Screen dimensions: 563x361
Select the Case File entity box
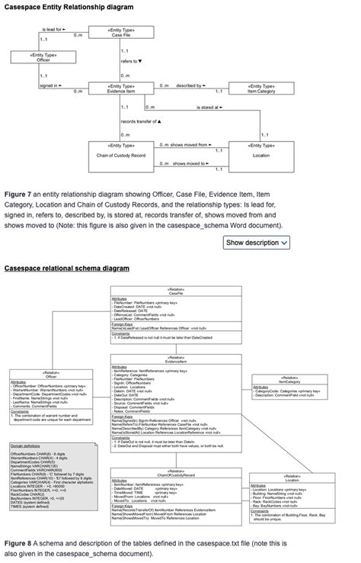tap(123, 33)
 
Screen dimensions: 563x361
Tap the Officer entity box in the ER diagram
tap(43, 58)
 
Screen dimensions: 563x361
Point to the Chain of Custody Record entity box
tap(122, 150)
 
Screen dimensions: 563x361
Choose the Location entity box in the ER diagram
tap(261, 150)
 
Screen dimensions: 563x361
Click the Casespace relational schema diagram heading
tap(67, 269)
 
